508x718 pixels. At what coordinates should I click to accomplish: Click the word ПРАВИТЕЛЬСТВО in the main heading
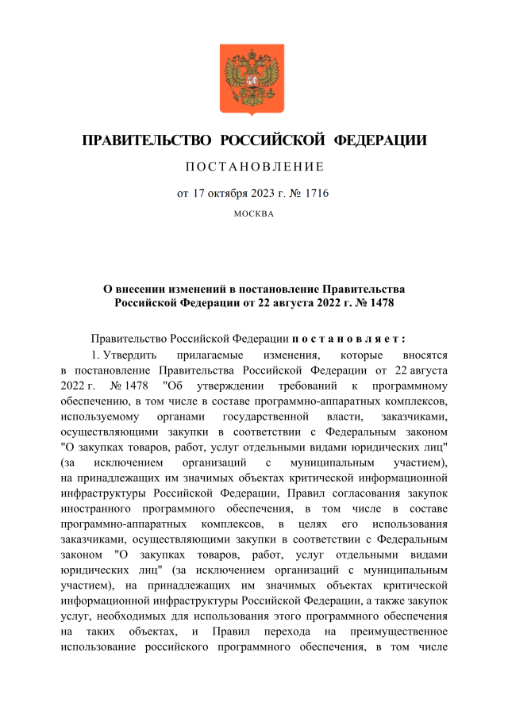click(146, 141)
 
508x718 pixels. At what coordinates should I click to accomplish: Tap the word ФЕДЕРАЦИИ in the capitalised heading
click(380, 141)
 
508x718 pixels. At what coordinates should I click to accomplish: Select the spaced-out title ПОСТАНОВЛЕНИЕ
click(254, 167)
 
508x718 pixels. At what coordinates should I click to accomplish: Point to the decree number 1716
click(315, 193)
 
